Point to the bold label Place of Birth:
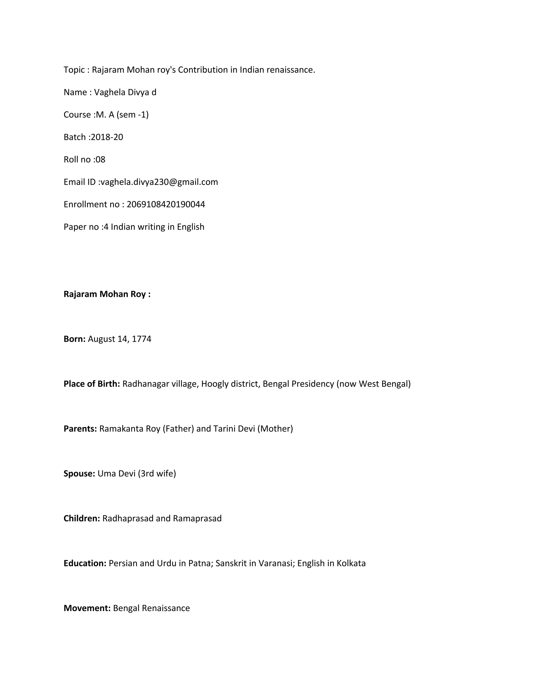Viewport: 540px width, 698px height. pos(92,384)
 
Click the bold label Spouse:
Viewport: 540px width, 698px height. pos(79,473)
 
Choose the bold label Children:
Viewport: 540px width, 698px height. pos(82,518)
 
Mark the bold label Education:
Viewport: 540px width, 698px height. pos(85,563)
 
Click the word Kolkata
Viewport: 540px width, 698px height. pos(351,563)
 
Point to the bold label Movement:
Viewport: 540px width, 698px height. pos(87,608)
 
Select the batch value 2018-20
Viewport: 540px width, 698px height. pos(107,137)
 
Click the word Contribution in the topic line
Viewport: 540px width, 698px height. pos(203,70)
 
